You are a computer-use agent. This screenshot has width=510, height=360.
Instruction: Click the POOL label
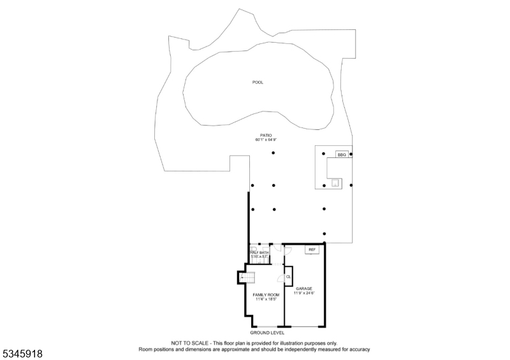258,82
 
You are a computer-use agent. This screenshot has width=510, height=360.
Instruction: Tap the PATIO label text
266,135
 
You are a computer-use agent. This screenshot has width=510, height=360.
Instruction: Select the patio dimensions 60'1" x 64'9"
266,140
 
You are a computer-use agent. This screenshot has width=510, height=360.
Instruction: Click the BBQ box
341,154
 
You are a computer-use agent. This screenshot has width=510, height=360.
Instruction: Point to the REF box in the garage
312,250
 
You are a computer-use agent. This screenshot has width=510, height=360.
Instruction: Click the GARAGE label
304,289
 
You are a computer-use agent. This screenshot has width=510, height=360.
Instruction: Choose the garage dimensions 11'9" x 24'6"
304,293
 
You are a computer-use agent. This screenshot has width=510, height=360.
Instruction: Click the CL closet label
289,277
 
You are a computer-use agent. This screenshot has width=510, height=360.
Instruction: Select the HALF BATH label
259,253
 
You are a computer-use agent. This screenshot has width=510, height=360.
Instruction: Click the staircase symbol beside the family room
247,277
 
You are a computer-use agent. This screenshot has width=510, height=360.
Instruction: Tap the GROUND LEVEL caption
267,333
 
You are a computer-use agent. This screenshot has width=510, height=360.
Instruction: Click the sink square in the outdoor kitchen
335,183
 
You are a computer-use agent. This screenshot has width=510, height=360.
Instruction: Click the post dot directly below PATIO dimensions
273,154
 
